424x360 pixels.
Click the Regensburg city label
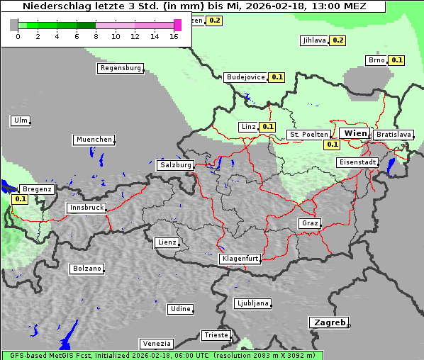tap(120, 68)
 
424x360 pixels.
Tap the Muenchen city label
tap(94, 140)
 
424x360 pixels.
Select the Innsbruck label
tap(87, 208)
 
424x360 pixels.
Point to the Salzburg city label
tap(176, 164)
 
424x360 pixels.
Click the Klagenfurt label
tap(240, 259)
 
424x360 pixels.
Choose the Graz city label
tap(309, 223)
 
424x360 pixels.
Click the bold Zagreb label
tap(329, 322)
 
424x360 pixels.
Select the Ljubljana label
tap(252, 303)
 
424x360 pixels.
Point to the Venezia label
tap(156, 344)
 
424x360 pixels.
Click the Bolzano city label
tap(87, 269)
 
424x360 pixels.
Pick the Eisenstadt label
tap(357, 162)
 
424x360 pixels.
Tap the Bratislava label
tap(393, 134)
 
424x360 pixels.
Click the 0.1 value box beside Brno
tap(396, 60)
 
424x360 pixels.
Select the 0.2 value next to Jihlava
tap(338, 40)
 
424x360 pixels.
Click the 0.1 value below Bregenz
tap(21, 199)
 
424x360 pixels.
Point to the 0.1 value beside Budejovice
tap(277, 77)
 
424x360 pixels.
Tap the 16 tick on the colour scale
tap(174, 35)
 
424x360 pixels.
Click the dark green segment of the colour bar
tap(86, 25)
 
